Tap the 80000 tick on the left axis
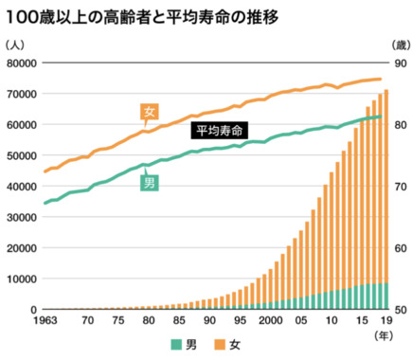tap(21, 63)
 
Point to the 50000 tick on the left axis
tap(21, 155)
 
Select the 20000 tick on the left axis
tap(21, 248)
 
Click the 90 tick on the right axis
tap(398, 63)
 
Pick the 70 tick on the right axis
tap(398, 187)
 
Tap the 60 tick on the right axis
tap(398, 248)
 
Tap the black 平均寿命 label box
tap(219, 129)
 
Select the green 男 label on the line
tap(149, 183)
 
